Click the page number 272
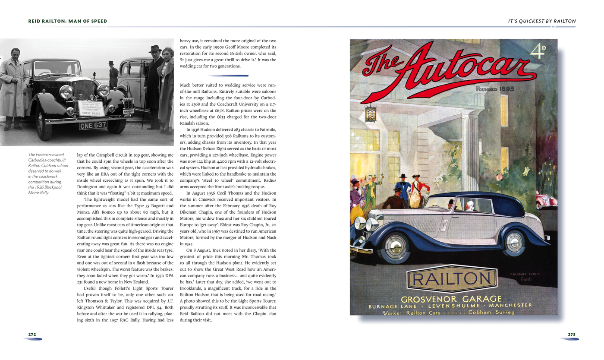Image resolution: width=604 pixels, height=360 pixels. coord(32,334)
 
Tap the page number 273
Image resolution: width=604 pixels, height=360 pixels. coord(571,334)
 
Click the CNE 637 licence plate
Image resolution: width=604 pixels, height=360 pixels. coord(93,125)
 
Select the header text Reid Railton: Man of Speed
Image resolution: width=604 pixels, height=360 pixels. coord(68,21)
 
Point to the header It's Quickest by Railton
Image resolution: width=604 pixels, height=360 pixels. coord(542,21)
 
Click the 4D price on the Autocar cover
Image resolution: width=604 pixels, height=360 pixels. coord(538,51)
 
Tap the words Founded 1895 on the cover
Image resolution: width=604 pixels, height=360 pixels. coord(495,89)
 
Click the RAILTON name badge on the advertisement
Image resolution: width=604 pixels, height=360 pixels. coord(452,279)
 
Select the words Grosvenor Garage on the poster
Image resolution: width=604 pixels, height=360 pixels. coord(451,299)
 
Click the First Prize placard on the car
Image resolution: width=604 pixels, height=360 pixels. coord(91,108)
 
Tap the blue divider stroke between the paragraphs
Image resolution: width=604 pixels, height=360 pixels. coord(228,76)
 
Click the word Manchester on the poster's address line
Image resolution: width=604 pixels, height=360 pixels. coord(510,305)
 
